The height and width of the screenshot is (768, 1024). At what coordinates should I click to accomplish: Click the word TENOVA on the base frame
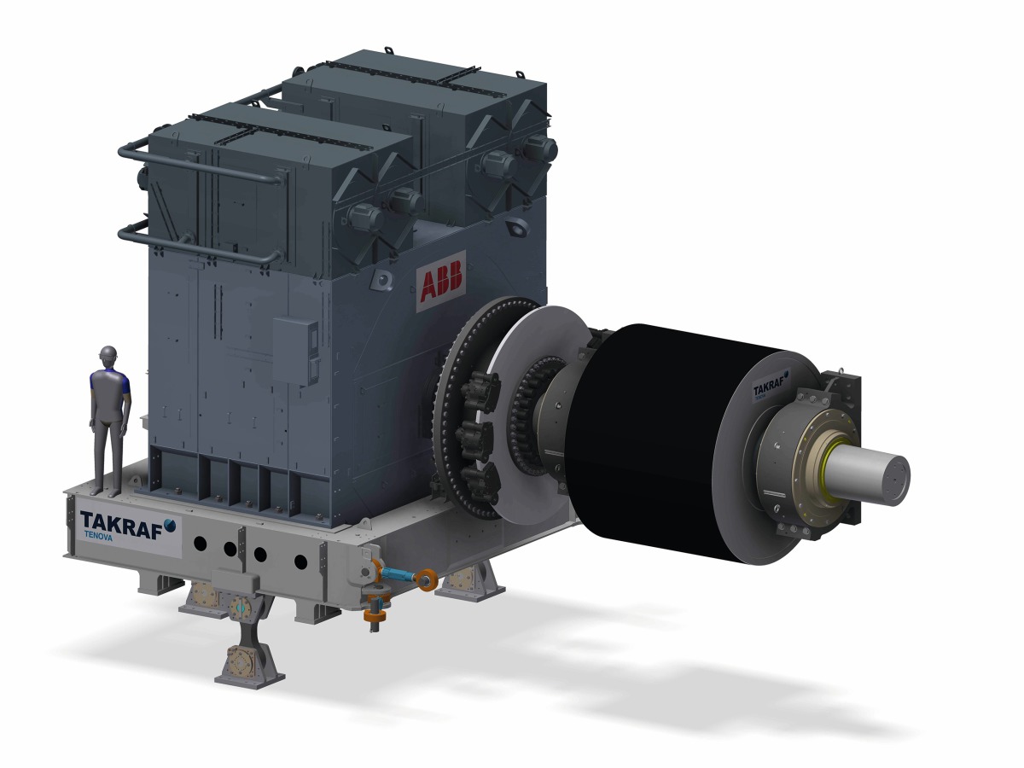tap(98, 538)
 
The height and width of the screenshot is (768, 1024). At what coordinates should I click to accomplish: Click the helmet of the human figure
tap(108, 353)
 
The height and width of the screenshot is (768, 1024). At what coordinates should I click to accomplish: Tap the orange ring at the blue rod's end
tap(427, 581)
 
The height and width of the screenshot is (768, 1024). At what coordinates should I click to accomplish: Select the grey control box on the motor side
tap(295, 351)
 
